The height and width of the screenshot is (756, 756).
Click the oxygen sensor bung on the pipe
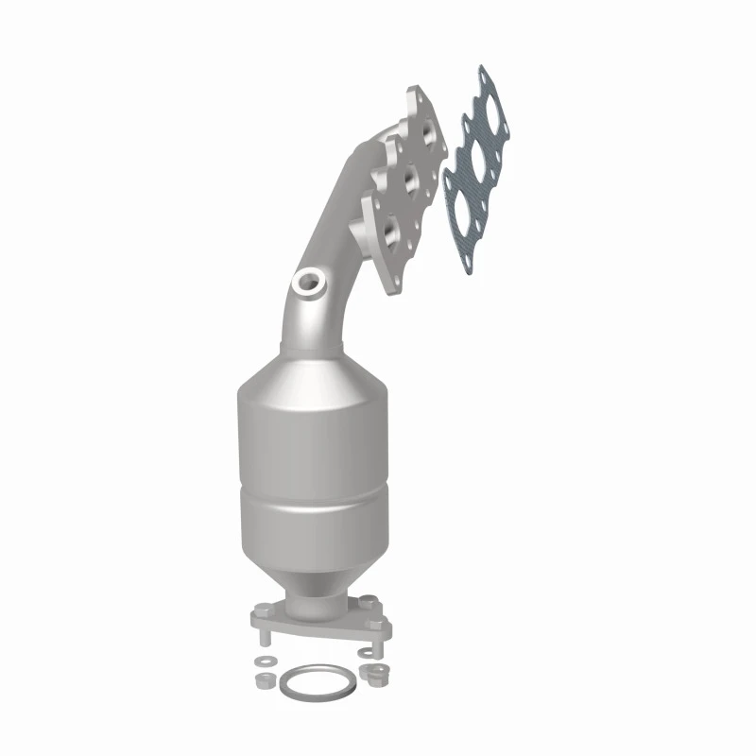[308, 281]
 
